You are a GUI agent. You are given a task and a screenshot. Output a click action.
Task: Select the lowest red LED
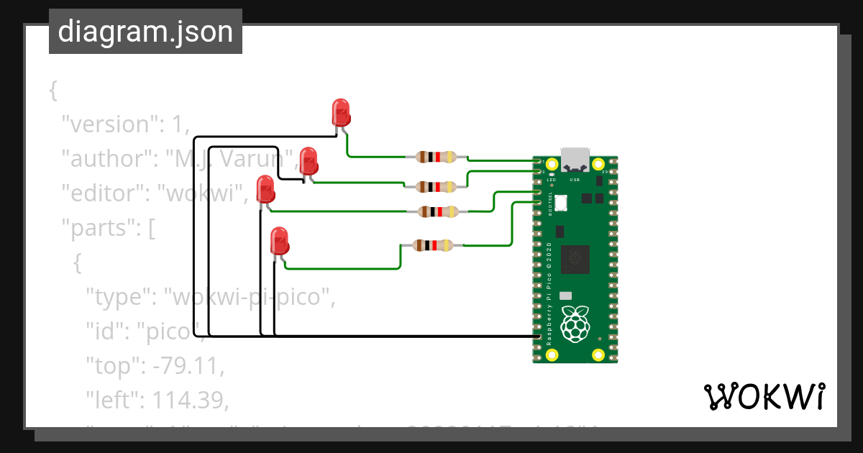click(x=279, y=239)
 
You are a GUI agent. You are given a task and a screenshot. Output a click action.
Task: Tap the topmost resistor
click(x=436, y=157)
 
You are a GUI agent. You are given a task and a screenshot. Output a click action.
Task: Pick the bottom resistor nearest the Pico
click(x=431, y=245)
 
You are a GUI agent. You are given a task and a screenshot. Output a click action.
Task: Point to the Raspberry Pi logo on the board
click(x=575, y=324)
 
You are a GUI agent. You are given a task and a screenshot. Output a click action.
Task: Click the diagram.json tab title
click(x=145, y=32)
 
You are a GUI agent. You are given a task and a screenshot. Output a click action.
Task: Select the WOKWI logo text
click(x=764, y=397)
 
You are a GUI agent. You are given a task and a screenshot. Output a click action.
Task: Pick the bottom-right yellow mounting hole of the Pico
click(x=598, y=354)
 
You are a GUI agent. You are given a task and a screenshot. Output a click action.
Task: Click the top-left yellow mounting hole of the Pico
click(x=552, y=164)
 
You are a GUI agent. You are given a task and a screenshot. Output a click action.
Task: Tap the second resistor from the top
click(x=436, y=187)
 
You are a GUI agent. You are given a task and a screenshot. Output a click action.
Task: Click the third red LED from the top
click(x=265, y=191)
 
